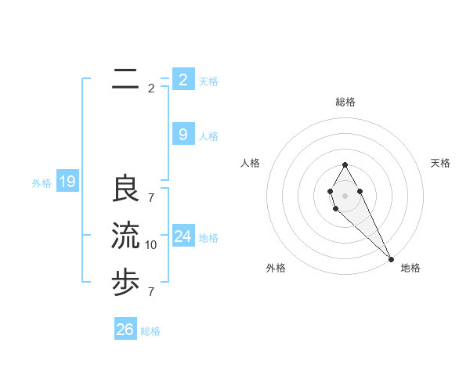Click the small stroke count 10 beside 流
click(x=151, y=245)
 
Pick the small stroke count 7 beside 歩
click(x=151, y=291)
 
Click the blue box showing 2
click(x=183, y=79)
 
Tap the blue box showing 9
click(x=183, y=135)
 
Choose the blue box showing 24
click(x=183, y=236)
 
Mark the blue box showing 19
click(x=67, y=182)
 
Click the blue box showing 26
click(x=125, y=330)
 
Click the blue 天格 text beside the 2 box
click(x=208, y=81)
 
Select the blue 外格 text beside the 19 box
click(x=42, y=184)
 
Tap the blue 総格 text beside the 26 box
click(x=150, y=331)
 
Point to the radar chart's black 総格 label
click(x=345, y=102)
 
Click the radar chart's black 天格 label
click(x=441, y=163)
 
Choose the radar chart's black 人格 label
click(x=251, y=163)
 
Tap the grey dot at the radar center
click(x=345, y=195)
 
